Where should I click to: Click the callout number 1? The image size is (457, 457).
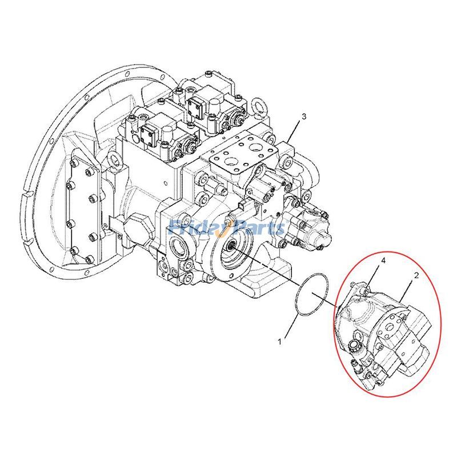(x=280, y=342)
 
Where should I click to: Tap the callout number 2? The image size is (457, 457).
(x=416, y=275)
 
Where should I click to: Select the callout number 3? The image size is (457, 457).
(x=304, y=117)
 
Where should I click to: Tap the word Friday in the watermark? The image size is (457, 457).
(x=197, y=228)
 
